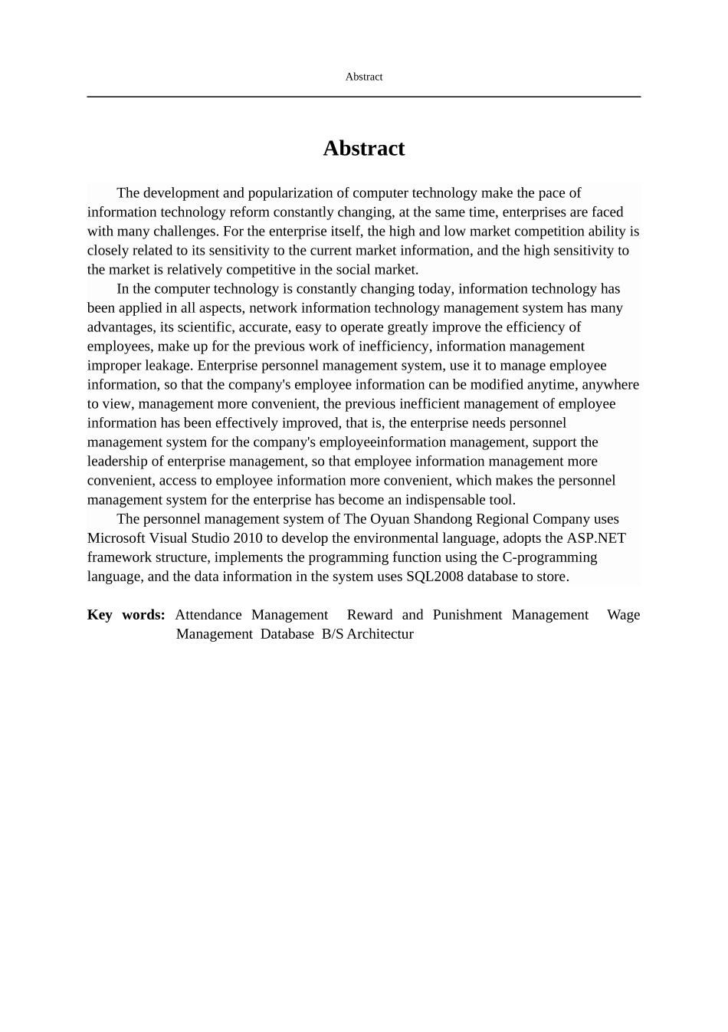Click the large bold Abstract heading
(x=363, y=148)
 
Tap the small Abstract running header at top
(x=364, y=77)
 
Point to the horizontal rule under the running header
(x=363, y=97)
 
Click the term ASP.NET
(x=596, y=538)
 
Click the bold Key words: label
(x=126, y=615)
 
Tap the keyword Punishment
(x=467, y=615)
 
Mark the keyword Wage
(x=623, y=615)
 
